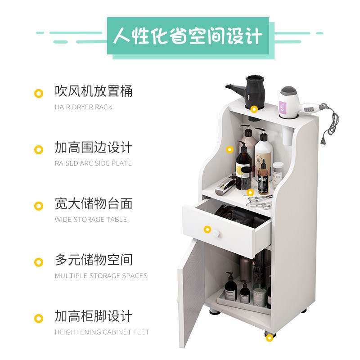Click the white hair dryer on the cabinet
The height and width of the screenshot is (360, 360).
[x=288, y=101]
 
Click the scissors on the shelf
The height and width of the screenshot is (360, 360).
[x=259, y=201]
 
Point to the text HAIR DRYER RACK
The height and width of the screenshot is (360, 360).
[x=84, y=107]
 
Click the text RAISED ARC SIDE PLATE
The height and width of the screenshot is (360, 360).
[x=93, y=163]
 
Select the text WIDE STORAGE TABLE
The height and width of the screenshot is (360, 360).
[x=91, y=220]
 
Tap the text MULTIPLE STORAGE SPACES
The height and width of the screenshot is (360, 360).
[x=101, y=276]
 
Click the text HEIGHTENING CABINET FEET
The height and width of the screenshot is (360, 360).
[x=102, y=332]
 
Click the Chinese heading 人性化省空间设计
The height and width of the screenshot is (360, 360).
[x=188, y=36]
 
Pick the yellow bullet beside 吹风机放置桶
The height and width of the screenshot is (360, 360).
[x=39, y=94]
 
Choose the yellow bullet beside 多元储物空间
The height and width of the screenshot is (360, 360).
[x=39, y=262]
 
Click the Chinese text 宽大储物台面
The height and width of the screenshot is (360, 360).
[x=94, y=204]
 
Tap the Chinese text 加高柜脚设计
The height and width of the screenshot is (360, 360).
[x=94, y=316]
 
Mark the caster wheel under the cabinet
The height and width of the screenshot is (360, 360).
[x=269, y=337]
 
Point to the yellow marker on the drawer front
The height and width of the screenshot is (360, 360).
[x=207, y=229]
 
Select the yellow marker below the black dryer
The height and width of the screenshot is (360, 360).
[x=254, y=109]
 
